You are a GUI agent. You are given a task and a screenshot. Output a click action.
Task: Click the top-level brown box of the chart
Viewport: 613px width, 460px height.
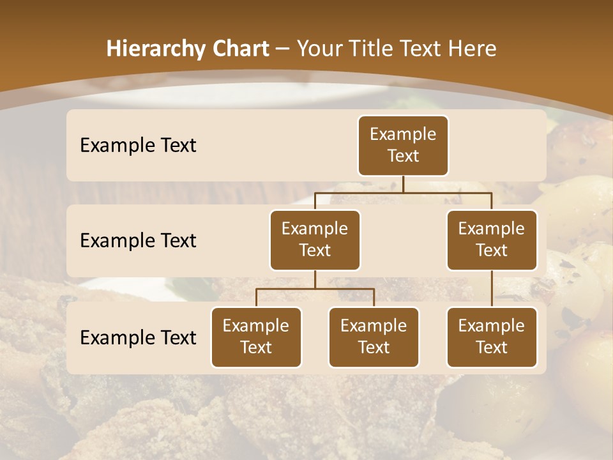coord(403,146)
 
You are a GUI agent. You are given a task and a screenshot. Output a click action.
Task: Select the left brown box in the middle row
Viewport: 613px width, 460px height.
coord(315,240)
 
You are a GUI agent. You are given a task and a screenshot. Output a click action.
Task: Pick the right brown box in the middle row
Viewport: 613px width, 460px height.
coord(492,240)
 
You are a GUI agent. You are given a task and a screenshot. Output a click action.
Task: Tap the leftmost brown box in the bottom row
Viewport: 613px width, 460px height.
coord(256,337)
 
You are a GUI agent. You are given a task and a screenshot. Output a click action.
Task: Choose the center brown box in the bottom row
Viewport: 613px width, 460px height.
coord(374,337)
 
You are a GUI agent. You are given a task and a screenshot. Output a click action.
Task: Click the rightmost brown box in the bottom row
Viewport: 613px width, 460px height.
coord(492,337)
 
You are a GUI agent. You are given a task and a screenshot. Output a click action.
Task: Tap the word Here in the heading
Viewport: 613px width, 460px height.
coord(473,49)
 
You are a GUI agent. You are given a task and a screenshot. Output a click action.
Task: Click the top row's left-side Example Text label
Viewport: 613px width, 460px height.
coord(138,146)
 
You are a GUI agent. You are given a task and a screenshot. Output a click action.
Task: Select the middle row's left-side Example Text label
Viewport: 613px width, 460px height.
coord(138,241)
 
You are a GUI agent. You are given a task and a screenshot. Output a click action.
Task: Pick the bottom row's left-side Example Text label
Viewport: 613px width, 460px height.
coord(138,338)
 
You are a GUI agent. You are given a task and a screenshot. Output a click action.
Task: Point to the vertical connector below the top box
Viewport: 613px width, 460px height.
coord(403,184)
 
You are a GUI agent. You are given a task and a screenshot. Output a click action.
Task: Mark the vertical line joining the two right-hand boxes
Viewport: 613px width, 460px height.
coord(492,289)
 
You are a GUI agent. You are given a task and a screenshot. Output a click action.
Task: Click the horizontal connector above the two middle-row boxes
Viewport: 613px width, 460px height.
coord(403,192)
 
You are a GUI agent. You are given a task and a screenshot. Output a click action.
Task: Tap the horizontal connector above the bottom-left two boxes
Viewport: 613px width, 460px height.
coord(315,289)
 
